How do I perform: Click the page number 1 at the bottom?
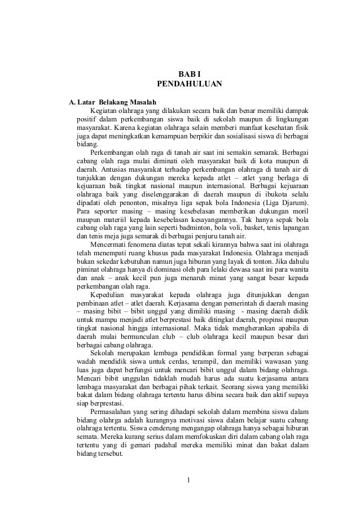point(189,481)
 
